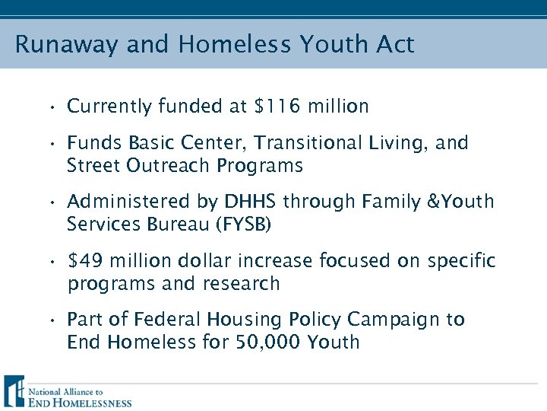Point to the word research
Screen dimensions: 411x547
244,284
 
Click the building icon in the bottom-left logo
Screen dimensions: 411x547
13,391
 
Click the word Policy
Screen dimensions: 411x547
317,320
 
